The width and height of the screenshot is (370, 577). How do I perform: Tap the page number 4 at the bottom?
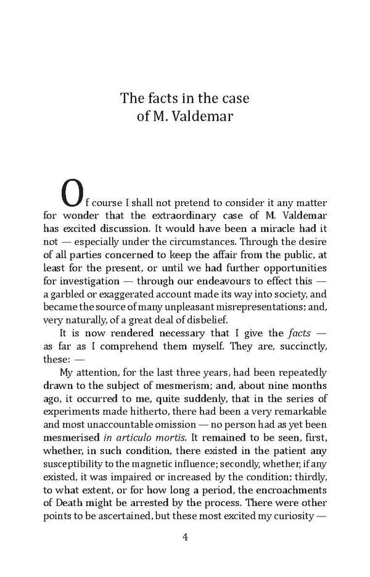coord(185,537)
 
